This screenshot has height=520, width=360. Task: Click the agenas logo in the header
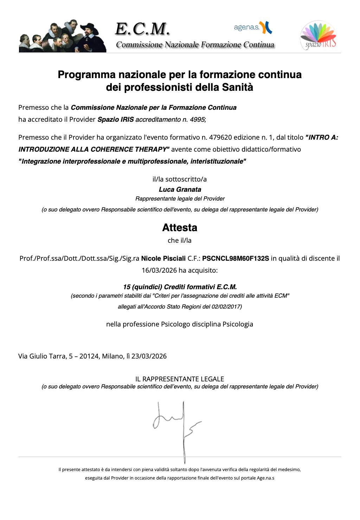[x=253, y=27]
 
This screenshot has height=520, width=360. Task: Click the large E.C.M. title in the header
[x=143, y=29]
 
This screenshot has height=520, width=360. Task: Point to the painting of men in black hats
[x=63, y=36]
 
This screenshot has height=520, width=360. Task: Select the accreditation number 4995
[x=197, y=120]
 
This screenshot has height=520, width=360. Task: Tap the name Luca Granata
[x=180, y=190]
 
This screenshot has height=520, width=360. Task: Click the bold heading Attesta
[x=180, y=228]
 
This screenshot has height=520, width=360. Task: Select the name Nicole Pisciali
[x=163, y=259]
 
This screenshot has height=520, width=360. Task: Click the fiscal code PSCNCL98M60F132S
[x=236, y=259]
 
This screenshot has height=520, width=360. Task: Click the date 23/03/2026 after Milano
[x=149, y=356]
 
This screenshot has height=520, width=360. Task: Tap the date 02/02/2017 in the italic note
[x=226, y=307]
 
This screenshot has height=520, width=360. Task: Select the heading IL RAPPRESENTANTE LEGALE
[x=180, y=379]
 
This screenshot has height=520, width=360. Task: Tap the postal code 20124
[x=89, y=356]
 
